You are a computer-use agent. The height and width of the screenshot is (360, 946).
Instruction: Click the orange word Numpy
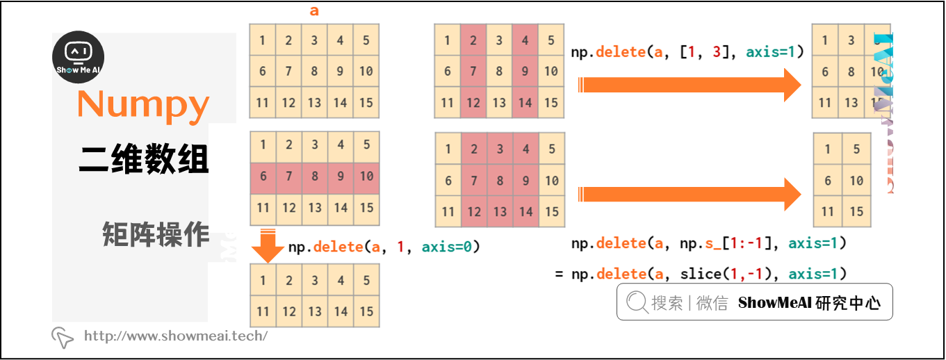(143, 105)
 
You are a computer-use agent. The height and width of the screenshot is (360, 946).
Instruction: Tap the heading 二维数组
(143, 160)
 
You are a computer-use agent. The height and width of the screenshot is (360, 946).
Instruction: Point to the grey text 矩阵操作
(155, 235)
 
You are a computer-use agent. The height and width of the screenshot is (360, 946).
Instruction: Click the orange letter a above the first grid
(314, 11)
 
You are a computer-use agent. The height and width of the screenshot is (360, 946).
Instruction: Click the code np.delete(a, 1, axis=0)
(384, 247)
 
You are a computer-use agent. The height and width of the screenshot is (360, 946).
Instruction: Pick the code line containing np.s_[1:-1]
(708, 243)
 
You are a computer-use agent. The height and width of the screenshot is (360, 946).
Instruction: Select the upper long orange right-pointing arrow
(692, 85)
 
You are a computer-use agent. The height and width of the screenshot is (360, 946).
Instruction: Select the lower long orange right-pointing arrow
(692, 194)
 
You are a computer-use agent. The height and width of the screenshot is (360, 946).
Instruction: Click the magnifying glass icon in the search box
(636, 302)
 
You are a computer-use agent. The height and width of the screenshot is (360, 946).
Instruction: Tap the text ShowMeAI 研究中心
(809, 303)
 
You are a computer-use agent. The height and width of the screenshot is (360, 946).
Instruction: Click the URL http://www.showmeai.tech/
(176, 336)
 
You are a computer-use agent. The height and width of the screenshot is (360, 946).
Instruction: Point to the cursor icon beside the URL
(62, 337)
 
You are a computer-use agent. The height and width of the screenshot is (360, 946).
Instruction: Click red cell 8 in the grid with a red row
(315, 177)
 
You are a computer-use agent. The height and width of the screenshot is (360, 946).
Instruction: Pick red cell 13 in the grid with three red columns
(500, 212)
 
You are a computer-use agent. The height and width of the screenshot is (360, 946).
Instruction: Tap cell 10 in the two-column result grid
(856, 181)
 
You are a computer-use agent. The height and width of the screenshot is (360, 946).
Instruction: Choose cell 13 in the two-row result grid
(315, 311)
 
